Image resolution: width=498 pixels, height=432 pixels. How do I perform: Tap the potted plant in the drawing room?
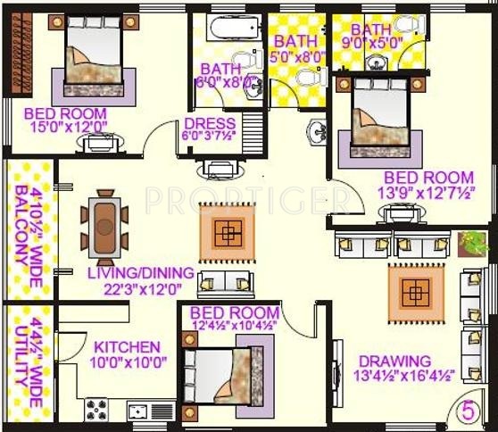472,243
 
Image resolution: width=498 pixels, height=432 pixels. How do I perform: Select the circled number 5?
467,411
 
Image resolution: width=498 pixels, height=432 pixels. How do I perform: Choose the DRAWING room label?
394,361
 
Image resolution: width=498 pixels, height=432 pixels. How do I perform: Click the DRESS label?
209,123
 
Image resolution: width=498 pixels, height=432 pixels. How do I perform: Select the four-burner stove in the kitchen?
96,410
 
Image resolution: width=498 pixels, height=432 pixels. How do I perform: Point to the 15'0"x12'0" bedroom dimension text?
65,128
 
